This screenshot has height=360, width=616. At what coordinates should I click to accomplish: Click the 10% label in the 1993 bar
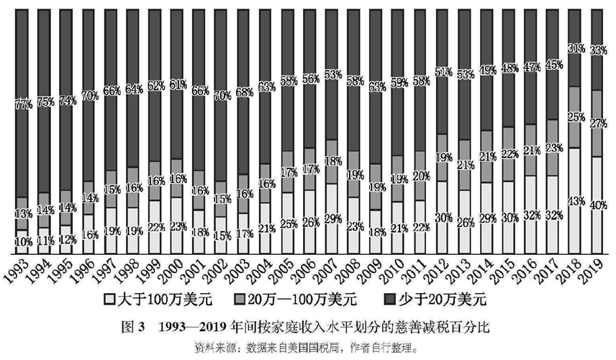22,243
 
